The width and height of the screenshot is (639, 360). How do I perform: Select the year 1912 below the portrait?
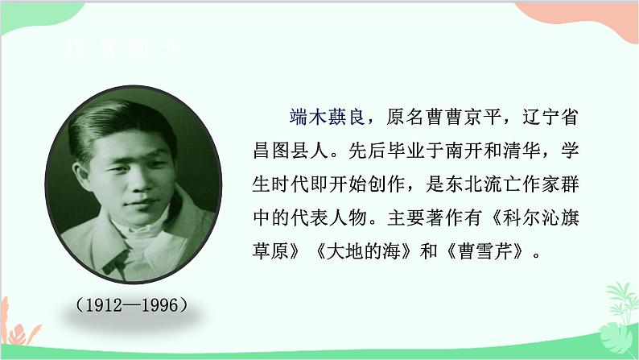tap(101, 305)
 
